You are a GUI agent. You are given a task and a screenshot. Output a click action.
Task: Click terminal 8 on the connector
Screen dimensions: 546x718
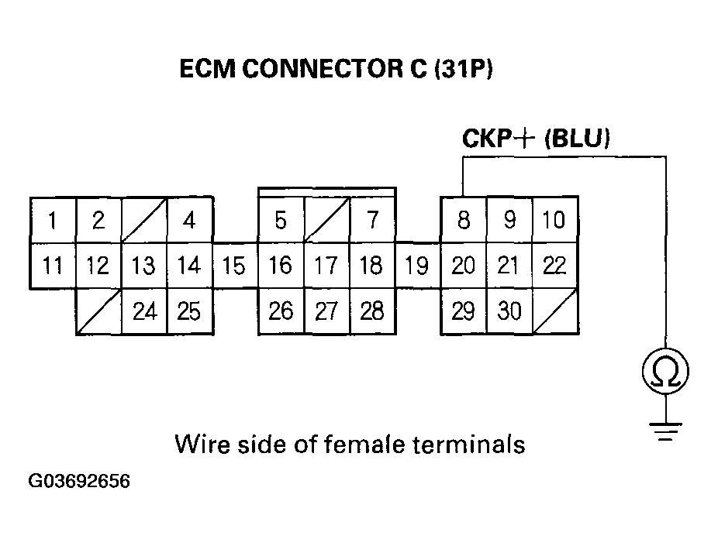point(463,221)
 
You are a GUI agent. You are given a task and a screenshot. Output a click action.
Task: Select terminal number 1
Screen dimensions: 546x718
point(52,221)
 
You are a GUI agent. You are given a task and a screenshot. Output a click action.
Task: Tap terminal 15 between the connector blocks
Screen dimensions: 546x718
point(233,266)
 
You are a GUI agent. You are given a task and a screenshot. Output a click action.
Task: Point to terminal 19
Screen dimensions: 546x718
point(417,266)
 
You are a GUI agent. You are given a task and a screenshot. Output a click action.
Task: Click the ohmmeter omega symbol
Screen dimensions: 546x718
point(665,373)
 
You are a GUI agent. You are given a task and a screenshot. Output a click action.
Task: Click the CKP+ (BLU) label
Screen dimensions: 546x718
point(536,139)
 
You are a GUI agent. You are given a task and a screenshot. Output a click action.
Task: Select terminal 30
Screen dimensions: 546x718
point(509,311)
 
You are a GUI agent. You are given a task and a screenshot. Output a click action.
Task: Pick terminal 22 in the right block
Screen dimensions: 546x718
point(554,266)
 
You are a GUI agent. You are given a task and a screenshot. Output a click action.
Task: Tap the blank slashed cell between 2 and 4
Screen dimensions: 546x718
point(143,221)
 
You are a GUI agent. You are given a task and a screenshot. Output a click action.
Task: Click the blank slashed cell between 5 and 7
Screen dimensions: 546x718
point(326,221)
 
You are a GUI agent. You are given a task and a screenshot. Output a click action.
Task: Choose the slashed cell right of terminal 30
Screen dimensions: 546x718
point(554,311)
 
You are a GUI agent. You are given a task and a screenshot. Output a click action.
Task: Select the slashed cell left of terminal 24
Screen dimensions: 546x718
point(98,311)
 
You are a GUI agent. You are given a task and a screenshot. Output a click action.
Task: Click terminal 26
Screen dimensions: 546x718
point(281,311)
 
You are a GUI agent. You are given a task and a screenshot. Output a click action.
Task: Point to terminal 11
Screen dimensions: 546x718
point(52,266)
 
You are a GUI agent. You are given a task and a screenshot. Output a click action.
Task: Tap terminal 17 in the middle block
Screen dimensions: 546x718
point(326,266)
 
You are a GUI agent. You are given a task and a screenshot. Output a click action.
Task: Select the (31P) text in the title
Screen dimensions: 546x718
point(464,70)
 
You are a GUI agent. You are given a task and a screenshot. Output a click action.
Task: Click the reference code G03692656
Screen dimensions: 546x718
point(79,482)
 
